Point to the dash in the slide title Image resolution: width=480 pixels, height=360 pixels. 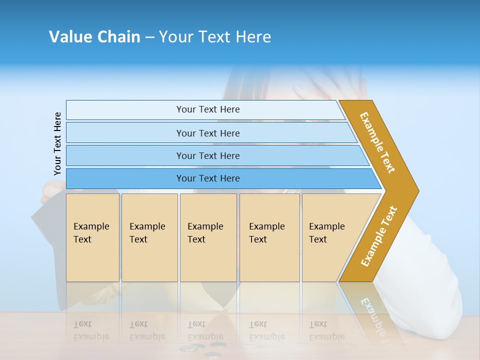pos(149,37)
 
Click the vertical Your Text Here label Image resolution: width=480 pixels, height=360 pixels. pos(57,143)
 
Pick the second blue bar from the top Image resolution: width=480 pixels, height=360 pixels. pos(207,133)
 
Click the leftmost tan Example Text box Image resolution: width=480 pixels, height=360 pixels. pos(92,237)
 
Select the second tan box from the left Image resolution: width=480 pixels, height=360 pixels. pos(149,237)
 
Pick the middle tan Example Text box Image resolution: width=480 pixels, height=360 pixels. pos(208,237)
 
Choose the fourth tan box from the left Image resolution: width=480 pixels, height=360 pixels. pos(269,237)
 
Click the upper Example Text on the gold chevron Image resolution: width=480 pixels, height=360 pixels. pos(377,142)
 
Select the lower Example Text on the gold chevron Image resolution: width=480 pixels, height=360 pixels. pos(378,236)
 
